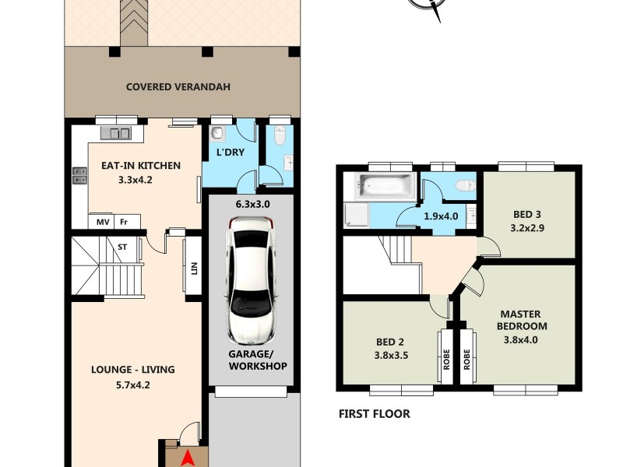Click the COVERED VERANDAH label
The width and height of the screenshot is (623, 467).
click(x=178, y=86)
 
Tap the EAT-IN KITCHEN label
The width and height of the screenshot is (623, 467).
click(x=141, y=165)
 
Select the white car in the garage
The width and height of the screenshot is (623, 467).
click(x=251, y=281)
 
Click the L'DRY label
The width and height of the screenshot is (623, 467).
click(x=231, y=153)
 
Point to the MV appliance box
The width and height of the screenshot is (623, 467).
click(x=103, y=222)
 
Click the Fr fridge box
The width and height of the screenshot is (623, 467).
click(x=123, y=222)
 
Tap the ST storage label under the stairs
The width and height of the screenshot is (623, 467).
click(x=122, y=247)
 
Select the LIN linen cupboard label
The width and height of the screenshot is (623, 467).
click(x=193, y=269)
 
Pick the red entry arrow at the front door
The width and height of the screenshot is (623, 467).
click(x=187, y=460)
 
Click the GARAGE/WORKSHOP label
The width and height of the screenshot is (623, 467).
click(x=258, y=359)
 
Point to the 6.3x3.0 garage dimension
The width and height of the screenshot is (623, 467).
click(x=252, y=204)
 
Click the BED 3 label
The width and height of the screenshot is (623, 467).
click(x=526, y=215)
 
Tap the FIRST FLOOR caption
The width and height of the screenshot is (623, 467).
click(x=374, y=414)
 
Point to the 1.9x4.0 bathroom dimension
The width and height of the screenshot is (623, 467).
click(x=439, y=216)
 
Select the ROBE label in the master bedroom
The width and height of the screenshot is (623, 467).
click(x=469, y=357)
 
